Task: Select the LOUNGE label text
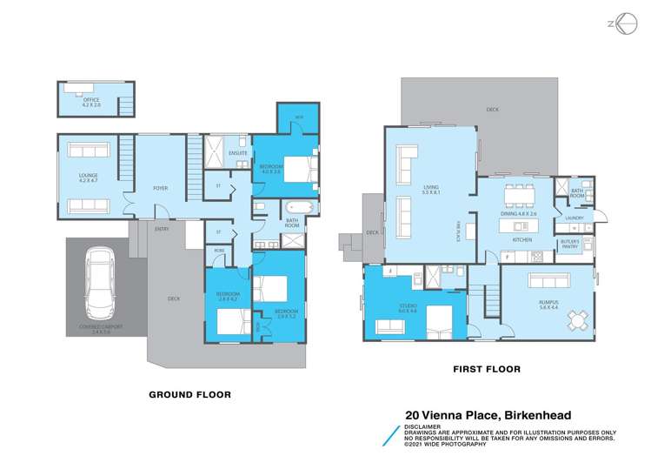[88, 178]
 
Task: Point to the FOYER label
[161, 188]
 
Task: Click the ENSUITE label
[237, 154]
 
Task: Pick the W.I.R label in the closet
[298, 117]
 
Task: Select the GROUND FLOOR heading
[189, 394]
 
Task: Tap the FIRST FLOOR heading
[487, 369]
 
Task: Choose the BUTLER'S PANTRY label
[570, 245]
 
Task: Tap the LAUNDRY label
[574, 218]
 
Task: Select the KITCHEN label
[521, 239]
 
